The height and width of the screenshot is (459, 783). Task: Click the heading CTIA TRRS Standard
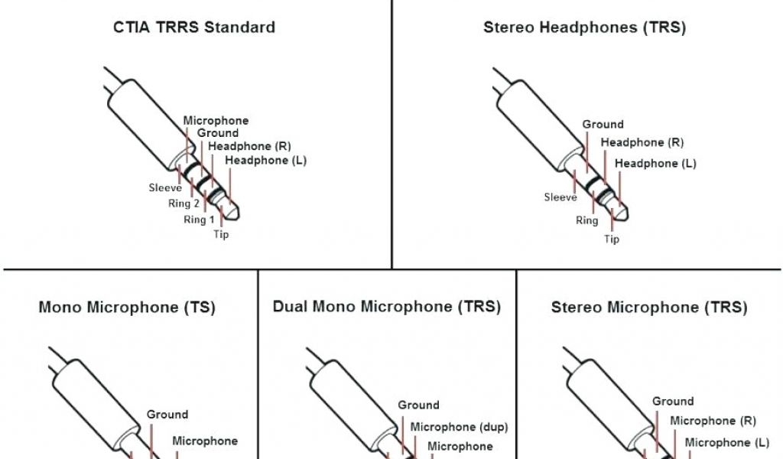pyautogui.click(x=194, y=28)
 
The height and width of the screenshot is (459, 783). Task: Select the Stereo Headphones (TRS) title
pyautogui.click(x=584, y=28)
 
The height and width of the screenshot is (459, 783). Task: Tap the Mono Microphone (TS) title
pyautogui.click(x=127, y=308)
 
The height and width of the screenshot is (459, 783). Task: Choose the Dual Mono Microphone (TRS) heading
pyautogui.click(x=387, y=307)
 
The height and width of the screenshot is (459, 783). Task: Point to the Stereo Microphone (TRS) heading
pyautogui.click(x=649, y=308)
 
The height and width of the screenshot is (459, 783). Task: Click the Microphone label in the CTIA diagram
pyautogui.click(x=216, y=121)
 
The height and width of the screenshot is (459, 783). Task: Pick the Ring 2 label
pyautogui.click(x=184, y=203)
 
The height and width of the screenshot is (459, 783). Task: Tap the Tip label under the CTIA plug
pyautogui.click(x=221, y=234)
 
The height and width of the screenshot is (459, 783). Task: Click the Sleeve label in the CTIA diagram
pyautogui.click(x=165, y=187)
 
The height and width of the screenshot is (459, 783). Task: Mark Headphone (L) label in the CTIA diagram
pyautogui.click(x=266, y=160)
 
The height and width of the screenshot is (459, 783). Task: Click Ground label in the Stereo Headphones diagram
pyautogui.click(x=603, y=124)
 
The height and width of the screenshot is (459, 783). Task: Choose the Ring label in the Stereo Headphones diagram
pyautogui.click(x=586, y=220)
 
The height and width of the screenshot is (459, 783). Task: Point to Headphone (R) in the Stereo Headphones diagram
pyautogui.click(x=642, y=142)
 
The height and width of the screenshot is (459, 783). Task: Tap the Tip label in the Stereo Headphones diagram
pyautogui.click(x=612, y=239)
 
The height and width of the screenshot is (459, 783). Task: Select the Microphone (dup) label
pyautogui.click(x=460, y=427)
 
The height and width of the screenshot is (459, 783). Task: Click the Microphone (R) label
pyautogui.click(x=713, y=421)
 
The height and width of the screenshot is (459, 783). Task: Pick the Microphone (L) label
pyautogui.click(x=727, y=442)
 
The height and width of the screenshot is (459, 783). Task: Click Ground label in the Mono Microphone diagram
pyautogui.click(x=167, y=415)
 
